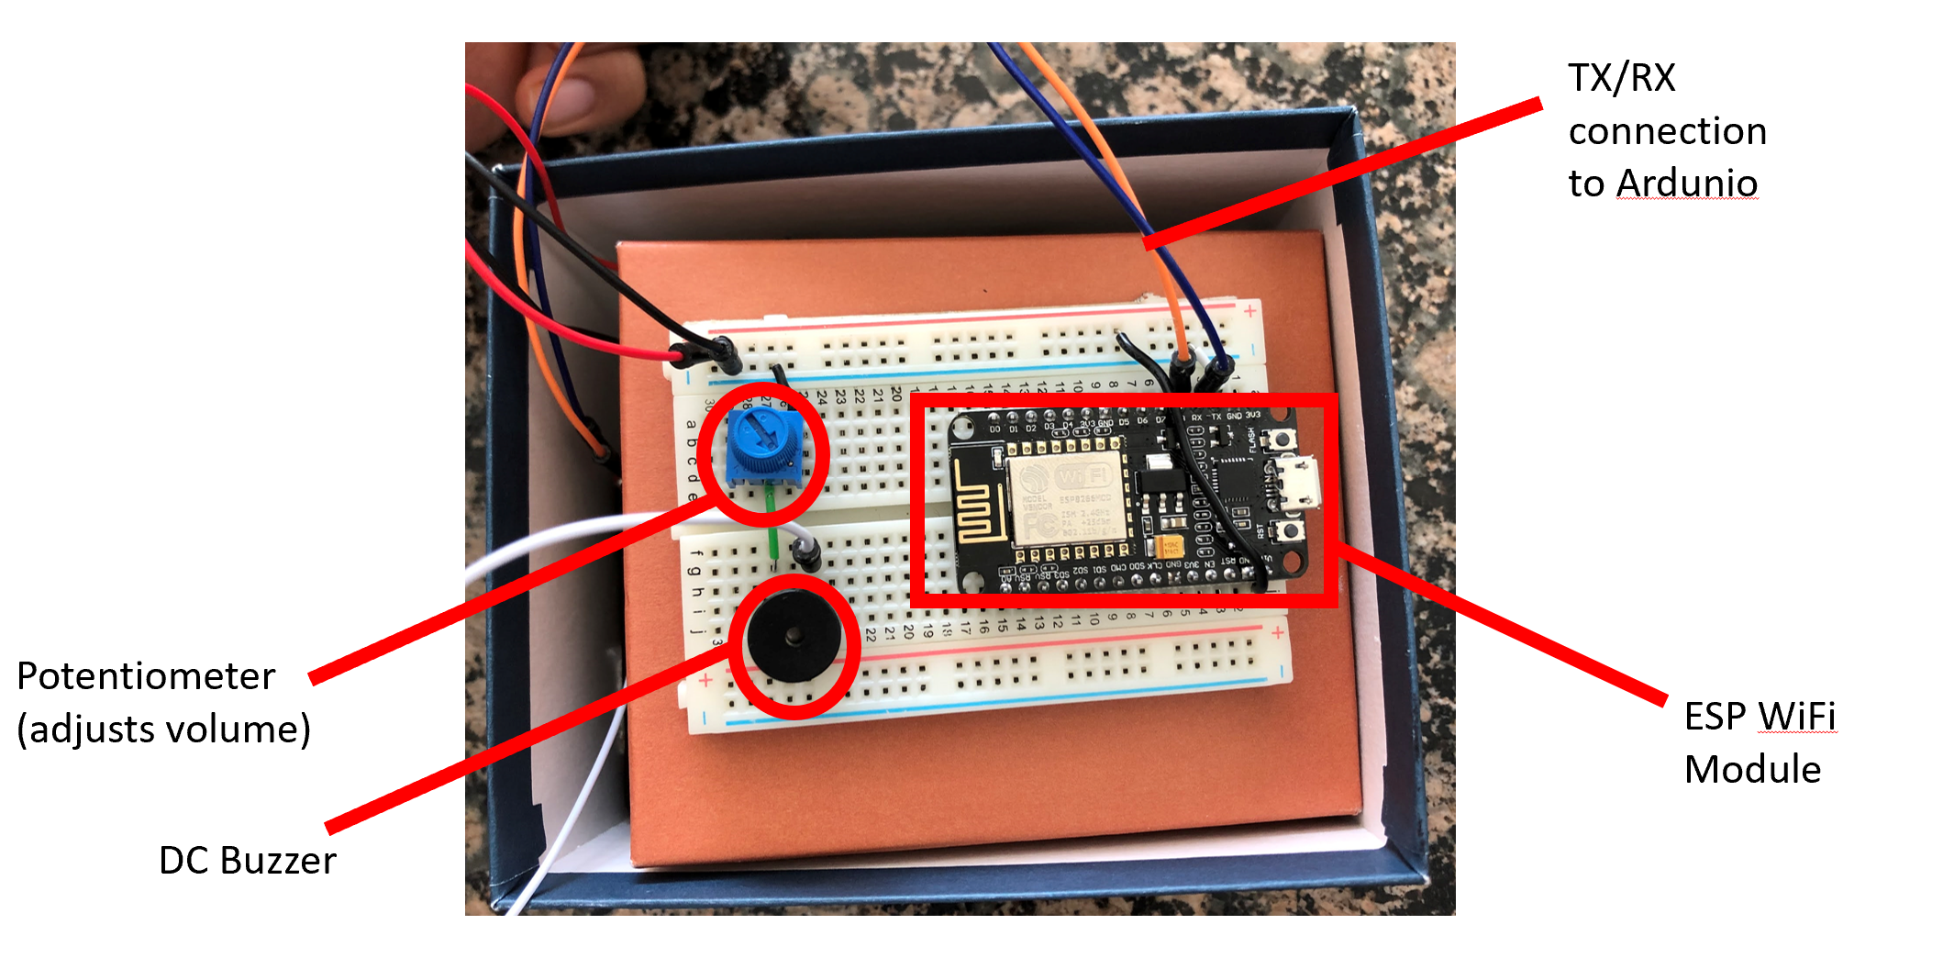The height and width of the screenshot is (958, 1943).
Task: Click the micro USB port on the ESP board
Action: click(1303, 484)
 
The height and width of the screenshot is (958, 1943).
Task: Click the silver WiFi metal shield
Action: click(1066, 500)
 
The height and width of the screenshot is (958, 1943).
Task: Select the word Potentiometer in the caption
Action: click(146, 676)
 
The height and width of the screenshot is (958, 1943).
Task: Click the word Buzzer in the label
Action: click(278, 861)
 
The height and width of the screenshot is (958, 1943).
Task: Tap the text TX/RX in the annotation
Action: click(1622, 78)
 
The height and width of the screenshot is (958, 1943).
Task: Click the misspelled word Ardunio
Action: click(1686, 184)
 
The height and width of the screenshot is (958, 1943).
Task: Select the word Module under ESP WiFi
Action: click(1752, 769)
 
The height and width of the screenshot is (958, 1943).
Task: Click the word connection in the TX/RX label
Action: click(1667, 131)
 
